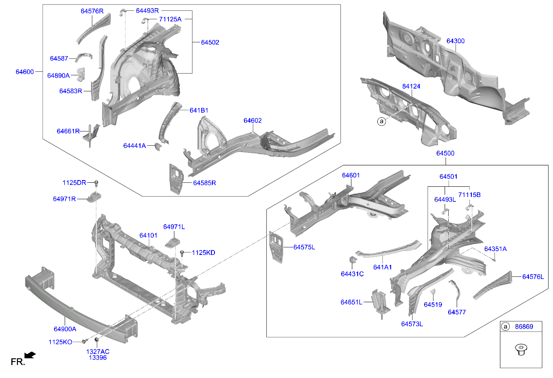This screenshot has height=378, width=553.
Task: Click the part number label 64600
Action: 25,72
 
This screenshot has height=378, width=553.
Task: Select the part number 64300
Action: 455,41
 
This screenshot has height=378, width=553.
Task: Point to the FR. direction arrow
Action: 30,355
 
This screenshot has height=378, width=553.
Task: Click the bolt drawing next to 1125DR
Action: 96,183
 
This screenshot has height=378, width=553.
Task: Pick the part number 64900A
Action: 65,329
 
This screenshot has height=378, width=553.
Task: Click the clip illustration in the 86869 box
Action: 520,349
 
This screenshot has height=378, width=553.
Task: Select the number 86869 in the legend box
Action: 524,327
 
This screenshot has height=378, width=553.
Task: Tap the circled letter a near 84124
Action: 381,121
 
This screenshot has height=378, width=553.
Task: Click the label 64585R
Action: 204,183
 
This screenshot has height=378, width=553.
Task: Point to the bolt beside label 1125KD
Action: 183,253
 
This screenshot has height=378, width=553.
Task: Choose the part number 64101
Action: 148,235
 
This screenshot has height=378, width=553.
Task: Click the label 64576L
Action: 533,277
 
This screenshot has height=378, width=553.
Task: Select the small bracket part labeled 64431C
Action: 352,260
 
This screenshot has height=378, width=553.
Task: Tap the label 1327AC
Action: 98,351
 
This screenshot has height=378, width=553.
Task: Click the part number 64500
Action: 445,153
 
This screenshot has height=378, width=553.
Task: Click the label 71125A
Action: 170,20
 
